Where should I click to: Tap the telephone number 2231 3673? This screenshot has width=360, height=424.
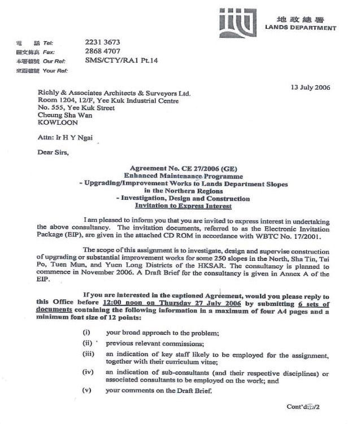click(x=102, y=42)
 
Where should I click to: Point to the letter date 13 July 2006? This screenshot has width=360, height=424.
click(x=310, y=88)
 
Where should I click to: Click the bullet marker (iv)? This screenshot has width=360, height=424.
click(x=87, y=373)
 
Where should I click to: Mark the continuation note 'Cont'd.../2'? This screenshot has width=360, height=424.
click(x=304, y=406)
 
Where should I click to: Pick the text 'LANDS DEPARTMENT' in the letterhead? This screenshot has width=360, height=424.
click(x=301, y=28)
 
